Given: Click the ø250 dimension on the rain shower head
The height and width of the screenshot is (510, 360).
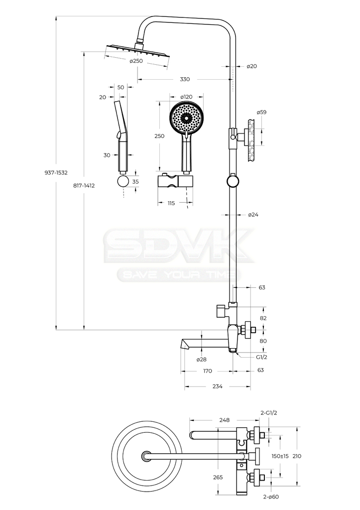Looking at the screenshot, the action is [x=136, y=61].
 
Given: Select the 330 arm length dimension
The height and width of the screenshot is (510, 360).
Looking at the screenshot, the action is [x=185, y=79].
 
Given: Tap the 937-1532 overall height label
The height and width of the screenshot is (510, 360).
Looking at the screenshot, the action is [x=56, y=173].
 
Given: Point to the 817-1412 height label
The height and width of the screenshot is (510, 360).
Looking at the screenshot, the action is [x=84, y=186].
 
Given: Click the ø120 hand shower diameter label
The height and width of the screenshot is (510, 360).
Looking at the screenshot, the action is [x=186, y=97].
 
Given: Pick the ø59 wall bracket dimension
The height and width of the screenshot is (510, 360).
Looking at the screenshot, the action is [x=261, y=112].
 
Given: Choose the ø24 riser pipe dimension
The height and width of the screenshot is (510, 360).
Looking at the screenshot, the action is [x=253, y=215].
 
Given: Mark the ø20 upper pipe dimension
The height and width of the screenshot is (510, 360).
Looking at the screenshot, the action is [x=252, y=66].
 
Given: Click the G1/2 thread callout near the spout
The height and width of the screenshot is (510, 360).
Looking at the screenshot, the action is [x=261, y=357].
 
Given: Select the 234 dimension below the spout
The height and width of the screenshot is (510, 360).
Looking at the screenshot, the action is [x=217, y=386].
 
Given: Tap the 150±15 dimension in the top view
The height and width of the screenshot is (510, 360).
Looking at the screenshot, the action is [x=280, y=456].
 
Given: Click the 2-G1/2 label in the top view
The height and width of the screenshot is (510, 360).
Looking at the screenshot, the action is [x=268, y=413].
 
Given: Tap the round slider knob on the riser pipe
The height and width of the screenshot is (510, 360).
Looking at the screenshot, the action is [x=233, y=181].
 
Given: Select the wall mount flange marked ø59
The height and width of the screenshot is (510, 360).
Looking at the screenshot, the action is [x=251, y=135].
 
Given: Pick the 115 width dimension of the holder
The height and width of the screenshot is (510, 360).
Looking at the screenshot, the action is [x=171, y=203].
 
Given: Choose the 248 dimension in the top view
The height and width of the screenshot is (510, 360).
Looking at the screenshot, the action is [x=224, y=420].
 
